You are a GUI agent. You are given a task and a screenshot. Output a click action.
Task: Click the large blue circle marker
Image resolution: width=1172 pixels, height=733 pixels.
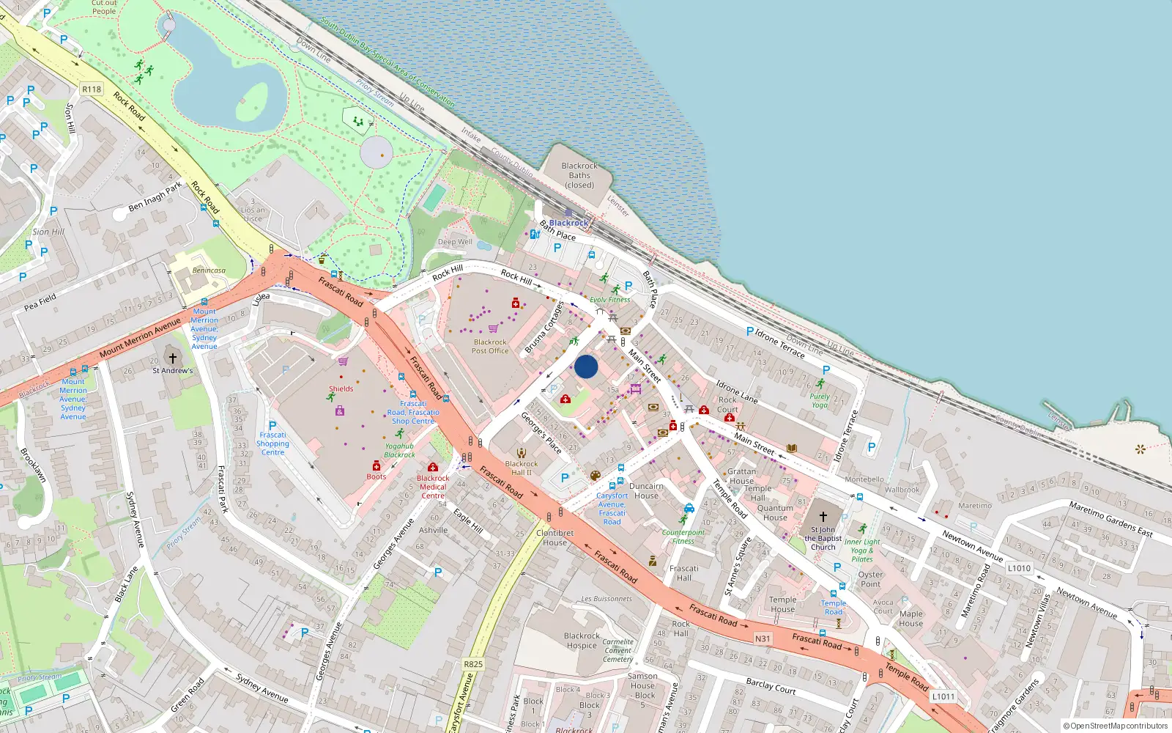(586, 366)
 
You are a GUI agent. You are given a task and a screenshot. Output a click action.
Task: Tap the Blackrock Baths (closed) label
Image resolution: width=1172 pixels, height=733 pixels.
(579, 175)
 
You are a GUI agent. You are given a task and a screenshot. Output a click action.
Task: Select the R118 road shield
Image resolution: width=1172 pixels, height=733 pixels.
(92, 89)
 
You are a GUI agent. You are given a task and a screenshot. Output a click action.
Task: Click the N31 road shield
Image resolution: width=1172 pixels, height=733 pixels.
(763, 638)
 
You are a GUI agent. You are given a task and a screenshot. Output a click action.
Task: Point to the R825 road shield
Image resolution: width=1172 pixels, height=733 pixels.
(473, 664)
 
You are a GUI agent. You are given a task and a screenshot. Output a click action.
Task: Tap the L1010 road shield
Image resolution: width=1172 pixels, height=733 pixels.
(1019, 568)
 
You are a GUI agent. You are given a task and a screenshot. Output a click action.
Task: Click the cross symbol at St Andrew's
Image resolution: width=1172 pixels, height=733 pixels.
(173, 358)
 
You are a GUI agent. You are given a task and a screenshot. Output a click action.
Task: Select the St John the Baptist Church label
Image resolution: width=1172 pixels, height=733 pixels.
(823, 538)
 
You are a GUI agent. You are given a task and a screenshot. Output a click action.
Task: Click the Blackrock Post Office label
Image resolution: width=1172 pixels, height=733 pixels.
(490, 346)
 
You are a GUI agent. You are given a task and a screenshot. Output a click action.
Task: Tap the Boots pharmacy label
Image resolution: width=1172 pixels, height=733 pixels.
(377, 476)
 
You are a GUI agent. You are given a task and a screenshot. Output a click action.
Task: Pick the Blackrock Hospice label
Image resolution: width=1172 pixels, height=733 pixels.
(582, 641)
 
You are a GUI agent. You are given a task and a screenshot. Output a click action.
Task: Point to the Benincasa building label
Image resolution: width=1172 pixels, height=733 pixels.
(209, 270)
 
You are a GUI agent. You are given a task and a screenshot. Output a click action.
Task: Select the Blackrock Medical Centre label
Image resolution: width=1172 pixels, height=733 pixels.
(433, 487)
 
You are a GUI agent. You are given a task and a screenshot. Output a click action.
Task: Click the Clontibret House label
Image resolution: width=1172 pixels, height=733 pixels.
(555, 537)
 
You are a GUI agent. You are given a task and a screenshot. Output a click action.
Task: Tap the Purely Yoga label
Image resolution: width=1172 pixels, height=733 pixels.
(820, 400)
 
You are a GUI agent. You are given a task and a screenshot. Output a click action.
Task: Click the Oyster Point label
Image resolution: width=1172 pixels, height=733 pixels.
(870, 579)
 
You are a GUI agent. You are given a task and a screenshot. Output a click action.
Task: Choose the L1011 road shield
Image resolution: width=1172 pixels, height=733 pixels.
(943, 696)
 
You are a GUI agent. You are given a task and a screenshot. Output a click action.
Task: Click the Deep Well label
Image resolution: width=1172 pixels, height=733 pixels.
(455, 242)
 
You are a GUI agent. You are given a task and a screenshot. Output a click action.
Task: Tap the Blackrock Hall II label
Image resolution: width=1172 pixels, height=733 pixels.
(522, 468)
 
